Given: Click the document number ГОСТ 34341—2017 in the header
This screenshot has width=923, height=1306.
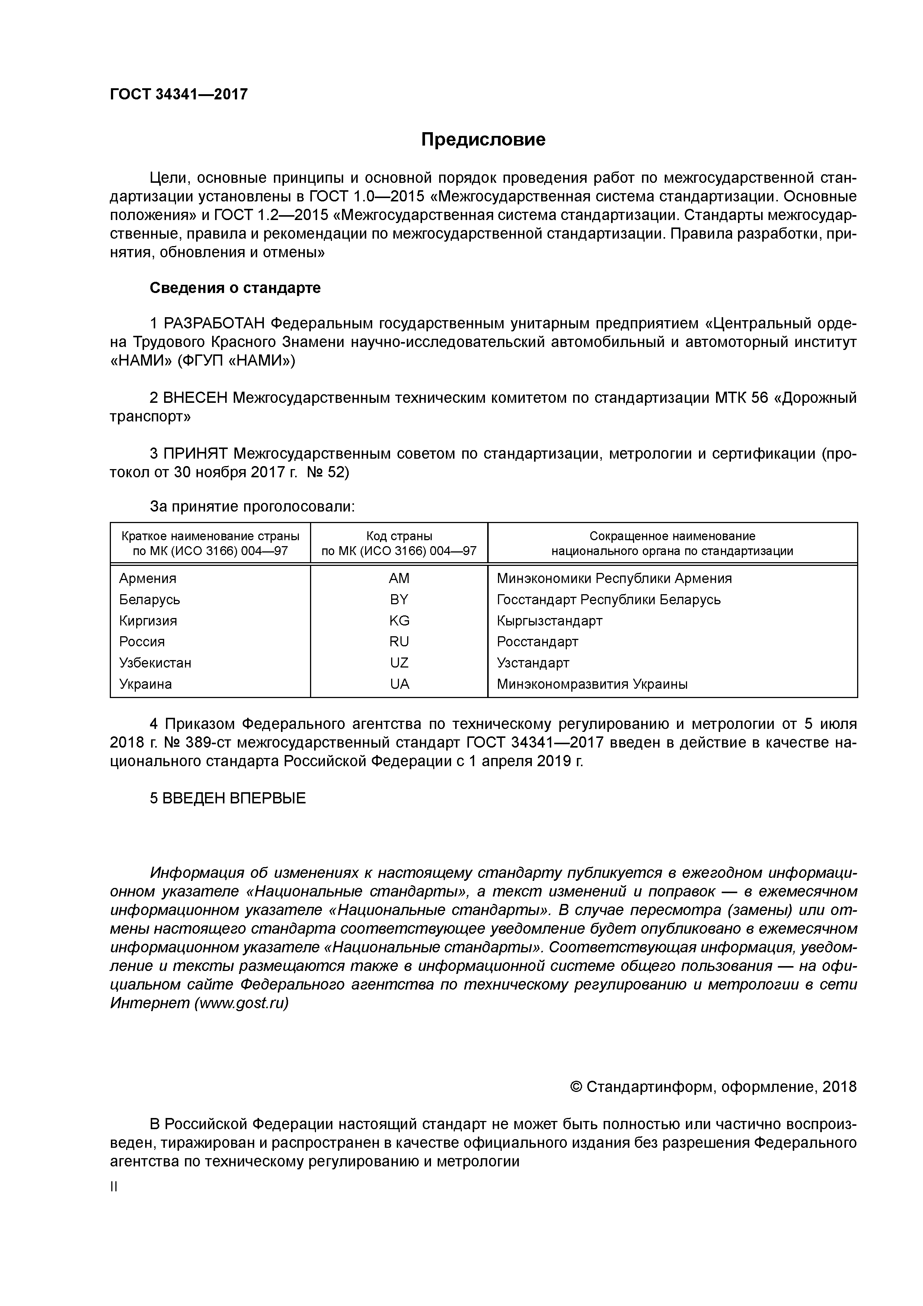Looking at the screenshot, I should point(179,94).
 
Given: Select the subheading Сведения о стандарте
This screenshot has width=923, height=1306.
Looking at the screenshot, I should point(235,288).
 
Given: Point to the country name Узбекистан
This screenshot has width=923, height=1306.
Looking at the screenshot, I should point(155,663).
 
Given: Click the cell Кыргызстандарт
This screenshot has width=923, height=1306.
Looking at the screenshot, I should point(549,621).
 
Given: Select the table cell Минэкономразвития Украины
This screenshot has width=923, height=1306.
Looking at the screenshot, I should point(591,684).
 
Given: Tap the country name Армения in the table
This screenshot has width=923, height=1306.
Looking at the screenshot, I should point(147,579).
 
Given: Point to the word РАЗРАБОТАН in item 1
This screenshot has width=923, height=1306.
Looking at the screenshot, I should point(214,324).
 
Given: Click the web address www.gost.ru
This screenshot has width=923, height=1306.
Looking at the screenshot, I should point(242,1003).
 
